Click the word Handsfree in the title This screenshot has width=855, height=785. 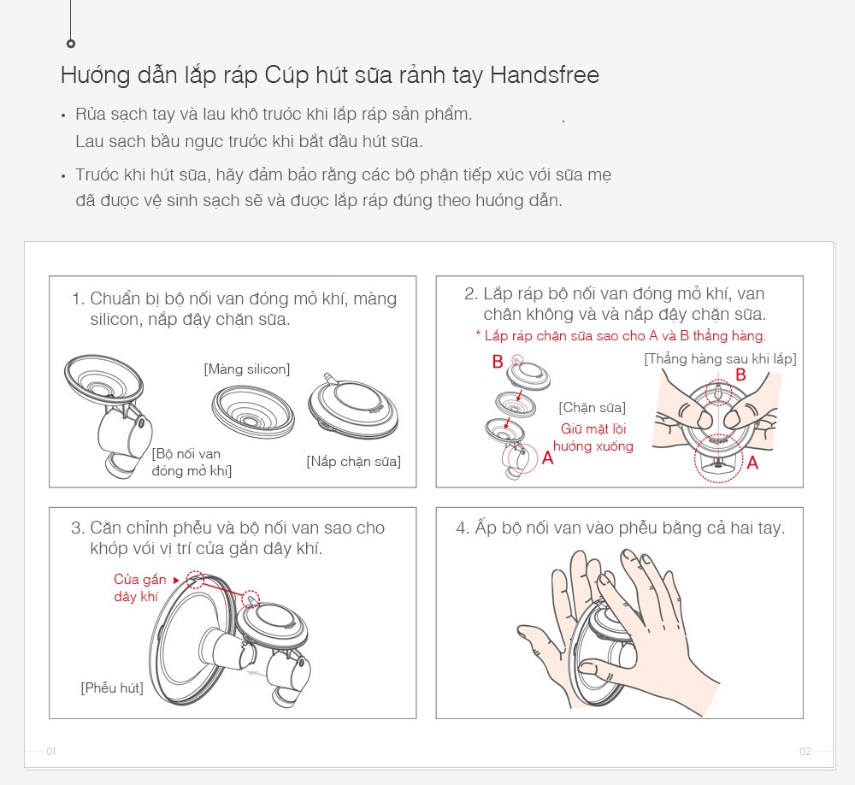[x=544, y=74]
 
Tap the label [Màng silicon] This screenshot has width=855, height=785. [x=247, y=369]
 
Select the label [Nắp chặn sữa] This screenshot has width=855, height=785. [x=353, y=462]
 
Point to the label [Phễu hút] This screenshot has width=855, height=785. [x=112, y=688]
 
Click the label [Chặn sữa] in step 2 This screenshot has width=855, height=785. [x=593, y=408]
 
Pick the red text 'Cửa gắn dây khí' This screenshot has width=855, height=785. [x=139, y=587]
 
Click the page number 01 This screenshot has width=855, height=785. [x=51, y=752]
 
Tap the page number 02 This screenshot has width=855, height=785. [x=805, y=752]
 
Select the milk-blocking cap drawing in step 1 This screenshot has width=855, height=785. [x=353, y=405]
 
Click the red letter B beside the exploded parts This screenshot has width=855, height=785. [x=498, y=361]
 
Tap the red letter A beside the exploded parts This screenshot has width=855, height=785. [x=547, y=457]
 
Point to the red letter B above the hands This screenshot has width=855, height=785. [x=740, y=375]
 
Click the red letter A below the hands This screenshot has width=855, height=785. [x=752, y=463]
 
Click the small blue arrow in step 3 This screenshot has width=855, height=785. [x=256, y=674]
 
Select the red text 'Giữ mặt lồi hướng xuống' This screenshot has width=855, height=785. [x=593, y=438]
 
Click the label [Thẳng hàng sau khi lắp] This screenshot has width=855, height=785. [x=720, y=359]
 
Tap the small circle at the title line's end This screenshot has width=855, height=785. [x=71, y=44]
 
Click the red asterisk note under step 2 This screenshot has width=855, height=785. [x=621, y=335]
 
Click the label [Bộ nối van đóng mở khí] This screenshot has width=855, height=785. [x=192, y=462]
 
